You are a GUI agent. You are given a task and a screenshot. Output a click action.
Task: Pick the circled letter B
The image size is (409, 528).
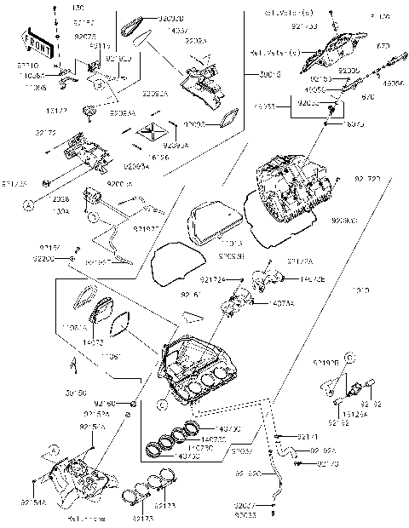100,85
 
